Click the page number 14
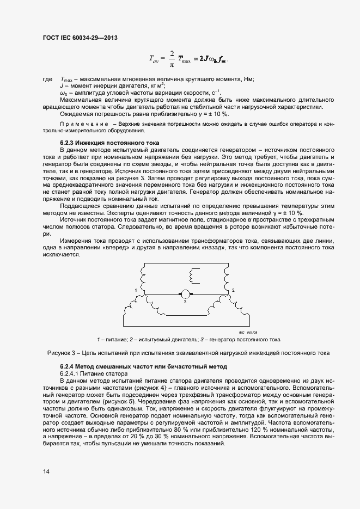(x=46, y=471)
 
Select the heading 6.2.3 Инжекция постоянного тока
(x=102, y=142)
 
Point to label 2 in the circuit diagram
(x=233, y=290)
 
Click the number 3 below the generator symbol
(x=185, y=302)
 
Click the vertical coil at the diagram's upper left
(x=143, y=275)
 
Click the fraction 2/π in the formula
(x=172, y=59)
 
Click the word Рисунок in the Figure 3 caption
(x=60, y=353)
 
